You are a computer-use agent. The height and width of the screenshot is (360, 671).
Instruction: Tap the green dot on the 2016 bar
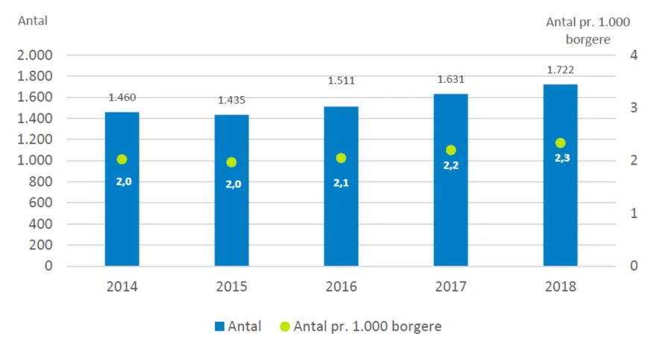(341, 158)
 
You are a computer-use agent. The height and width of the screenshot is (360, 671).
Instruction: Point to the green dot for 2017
(450, 151)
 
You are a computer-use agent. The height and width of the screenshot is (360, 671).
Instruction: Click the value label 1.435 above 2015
(231, 100)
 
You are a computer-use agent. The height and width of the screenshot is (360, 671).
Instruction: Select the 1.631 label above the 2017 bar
(450, 79)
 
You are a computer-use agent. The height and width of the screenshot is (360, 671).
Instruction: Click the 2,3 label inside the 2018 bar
(561, 158)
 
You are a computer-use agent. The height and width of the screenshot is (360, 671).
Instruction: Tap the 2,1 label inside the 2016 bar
(341, 183)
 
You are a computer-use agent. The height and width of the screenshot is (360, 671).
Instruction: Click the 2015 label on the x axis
(231, 286)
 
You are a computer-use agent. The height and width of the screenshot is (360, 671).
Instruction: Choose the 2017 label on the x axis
(450, 286)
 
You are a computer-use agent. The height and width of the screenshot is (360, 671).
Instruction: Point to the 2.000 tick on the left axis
(34, 55)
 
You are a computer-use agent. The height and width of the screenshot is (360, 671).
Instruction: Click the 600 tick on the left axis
(40, 203)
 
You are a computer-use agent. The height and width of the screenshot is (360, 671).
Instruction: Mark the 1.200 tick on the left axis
(34, 139)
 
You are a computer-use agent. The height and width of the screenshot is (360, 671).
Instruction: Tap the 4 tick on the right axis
(633, 55)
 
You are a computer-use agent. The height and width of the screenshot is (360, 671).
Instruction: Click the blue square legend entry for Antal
(219, 326)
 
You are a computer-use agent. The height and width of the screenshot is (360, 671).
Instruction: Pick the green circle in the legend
(284, 326)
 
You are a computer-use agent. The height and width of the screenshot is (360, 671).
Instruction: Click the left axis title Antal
(33, 21)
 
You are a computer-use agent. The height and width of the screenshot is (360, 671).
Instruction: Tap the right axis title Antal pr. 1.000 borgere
(588, 31)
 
